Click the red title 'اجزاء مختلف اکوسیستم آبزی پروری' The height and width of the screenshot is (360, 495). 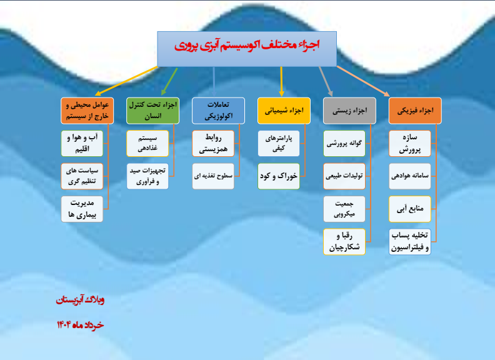point(247,45)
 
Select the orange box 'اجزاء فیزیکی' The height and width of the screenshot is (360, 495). point(415,111)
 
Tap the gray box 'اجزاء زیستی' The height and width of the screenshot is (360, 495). point(349,111)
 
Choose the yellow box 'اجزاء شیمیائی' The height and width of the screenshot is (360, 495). point(284,111)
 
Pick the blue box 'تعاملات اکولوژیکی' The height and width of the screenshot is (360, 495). point(219,111)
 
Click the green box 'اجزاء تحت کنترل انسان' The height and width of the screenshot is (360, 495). point(152,111)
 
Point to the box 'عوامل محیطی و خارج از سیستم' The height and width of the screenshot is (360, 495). point(87,111)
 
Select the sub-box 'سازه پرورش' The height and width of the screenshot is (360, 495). point(410,143)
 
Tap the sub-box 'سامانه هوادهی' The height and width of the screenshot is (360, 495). point(410,176)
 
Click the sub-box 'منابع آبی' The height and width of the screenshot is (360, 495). point(410,209)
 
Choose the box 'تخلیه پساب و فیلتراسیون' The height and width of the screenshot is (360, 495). point(410,242)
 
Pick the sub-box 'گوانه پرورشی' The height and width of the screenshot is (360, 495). point(344,143)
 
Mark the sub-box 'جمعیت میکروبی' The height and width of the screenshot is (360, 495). point(344,209)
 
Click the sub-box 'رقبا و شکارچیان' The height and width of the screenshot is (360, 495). point(344,242)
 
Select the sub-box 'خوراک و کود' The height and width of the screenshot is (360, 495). point(279,176)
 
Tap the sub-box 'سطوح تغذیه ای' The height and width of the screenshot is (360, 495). point(213,176)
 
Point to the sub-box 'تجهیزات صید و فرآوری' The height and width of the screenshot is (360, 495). point(147,176)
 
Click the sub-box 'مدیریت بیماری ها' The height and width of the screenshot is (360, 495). point(82,209)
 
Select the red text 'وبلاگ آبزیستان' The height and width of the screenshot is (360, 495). point(80,299)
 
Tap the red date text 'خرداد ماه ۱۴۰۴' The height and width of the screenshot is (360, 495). point(80,324)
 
